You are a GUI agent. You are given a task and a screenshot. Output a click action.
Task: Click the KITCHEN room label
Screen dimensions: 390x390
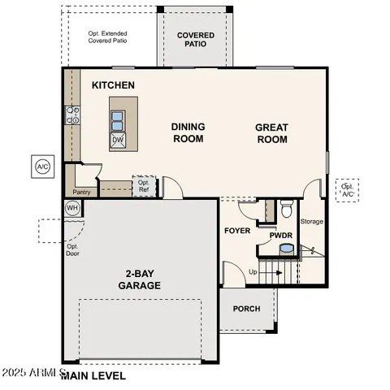[113, 85]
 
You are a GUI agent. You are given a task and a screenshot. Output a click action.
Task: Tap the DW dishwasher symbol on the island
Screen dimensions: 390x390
[118, 140]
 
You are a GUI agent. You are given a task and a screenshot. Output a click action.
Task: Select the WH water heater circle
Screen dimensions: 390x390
[72, 208]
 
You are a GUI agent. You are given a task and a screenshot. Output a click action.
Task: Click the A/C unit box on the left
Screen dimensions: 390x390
[42, 167]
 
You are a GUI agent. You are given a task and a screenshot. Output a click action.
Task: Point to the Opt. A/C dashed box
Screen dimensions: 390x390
[348, 190]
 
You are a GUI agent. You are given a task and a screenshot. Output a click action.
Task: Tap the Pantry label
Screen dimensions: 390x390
[81, 193]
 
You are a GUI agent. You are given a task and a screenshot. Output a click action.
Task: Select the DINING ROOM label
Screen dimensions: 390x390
[188, 132]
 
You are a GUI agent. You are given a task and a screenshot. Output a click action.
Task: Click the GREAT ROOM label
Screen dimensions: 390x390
[271, 132]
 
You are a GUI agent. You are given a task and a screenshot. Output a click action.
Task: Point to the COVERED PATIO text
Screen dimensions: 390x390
[195, 39]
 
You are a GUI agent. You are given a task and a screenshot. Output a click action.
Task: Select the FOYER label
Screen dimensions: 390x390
[237, 231]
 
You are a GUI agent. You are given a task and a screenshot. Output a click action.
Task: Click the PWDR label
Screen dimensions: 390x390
[281, 236]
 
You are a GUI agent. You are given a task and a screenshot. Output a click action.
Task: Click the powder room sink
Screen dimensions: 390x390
[285, 249]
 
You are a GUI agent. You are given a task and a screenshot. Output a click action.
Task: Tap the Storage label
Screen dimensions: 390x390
[312, 222]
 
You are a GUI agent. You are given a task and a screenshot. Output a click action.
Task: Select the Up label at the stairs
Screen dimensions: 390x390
[253, 271]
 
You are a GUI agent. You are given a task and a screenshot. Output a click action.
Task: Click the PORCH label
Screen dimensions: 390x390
[246, 309]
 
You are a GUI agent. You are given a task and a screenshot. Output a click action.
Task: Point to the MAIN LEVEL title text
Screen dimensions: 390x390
[93, 376]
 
